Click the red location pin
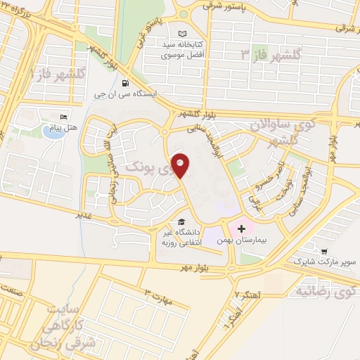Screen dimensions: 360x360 point(181,165)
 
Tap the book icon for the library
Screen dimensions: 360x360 point(183,34)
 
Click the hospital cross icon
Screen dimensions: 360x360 point(242,229)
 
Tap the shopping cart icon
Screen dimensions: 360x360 point(324,251)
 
